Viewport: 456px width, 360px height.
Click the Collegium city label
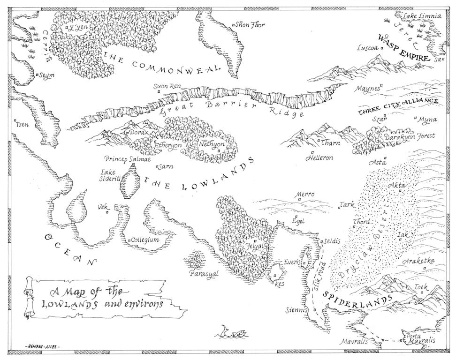145,240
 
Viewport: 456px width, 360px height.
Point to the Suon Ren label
168,86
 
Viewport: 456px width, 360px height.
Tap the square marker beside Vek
107,212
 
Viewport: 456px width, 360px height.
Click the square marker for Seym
37,74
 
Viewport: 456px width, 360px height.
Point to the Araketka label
418,261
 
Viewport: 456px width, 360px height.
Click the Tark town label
346,204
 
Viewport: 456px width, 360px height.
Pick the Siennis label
296,310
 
